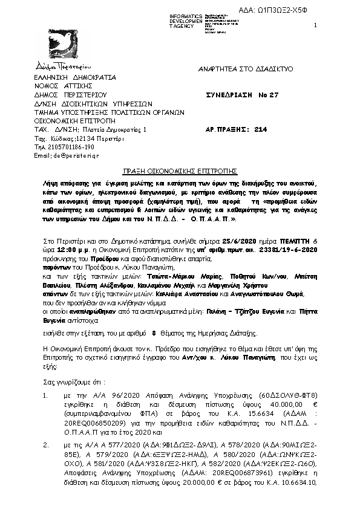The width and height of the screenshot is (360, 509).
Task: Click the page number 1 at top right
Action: pyautogui.click(x=316, y=25)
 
